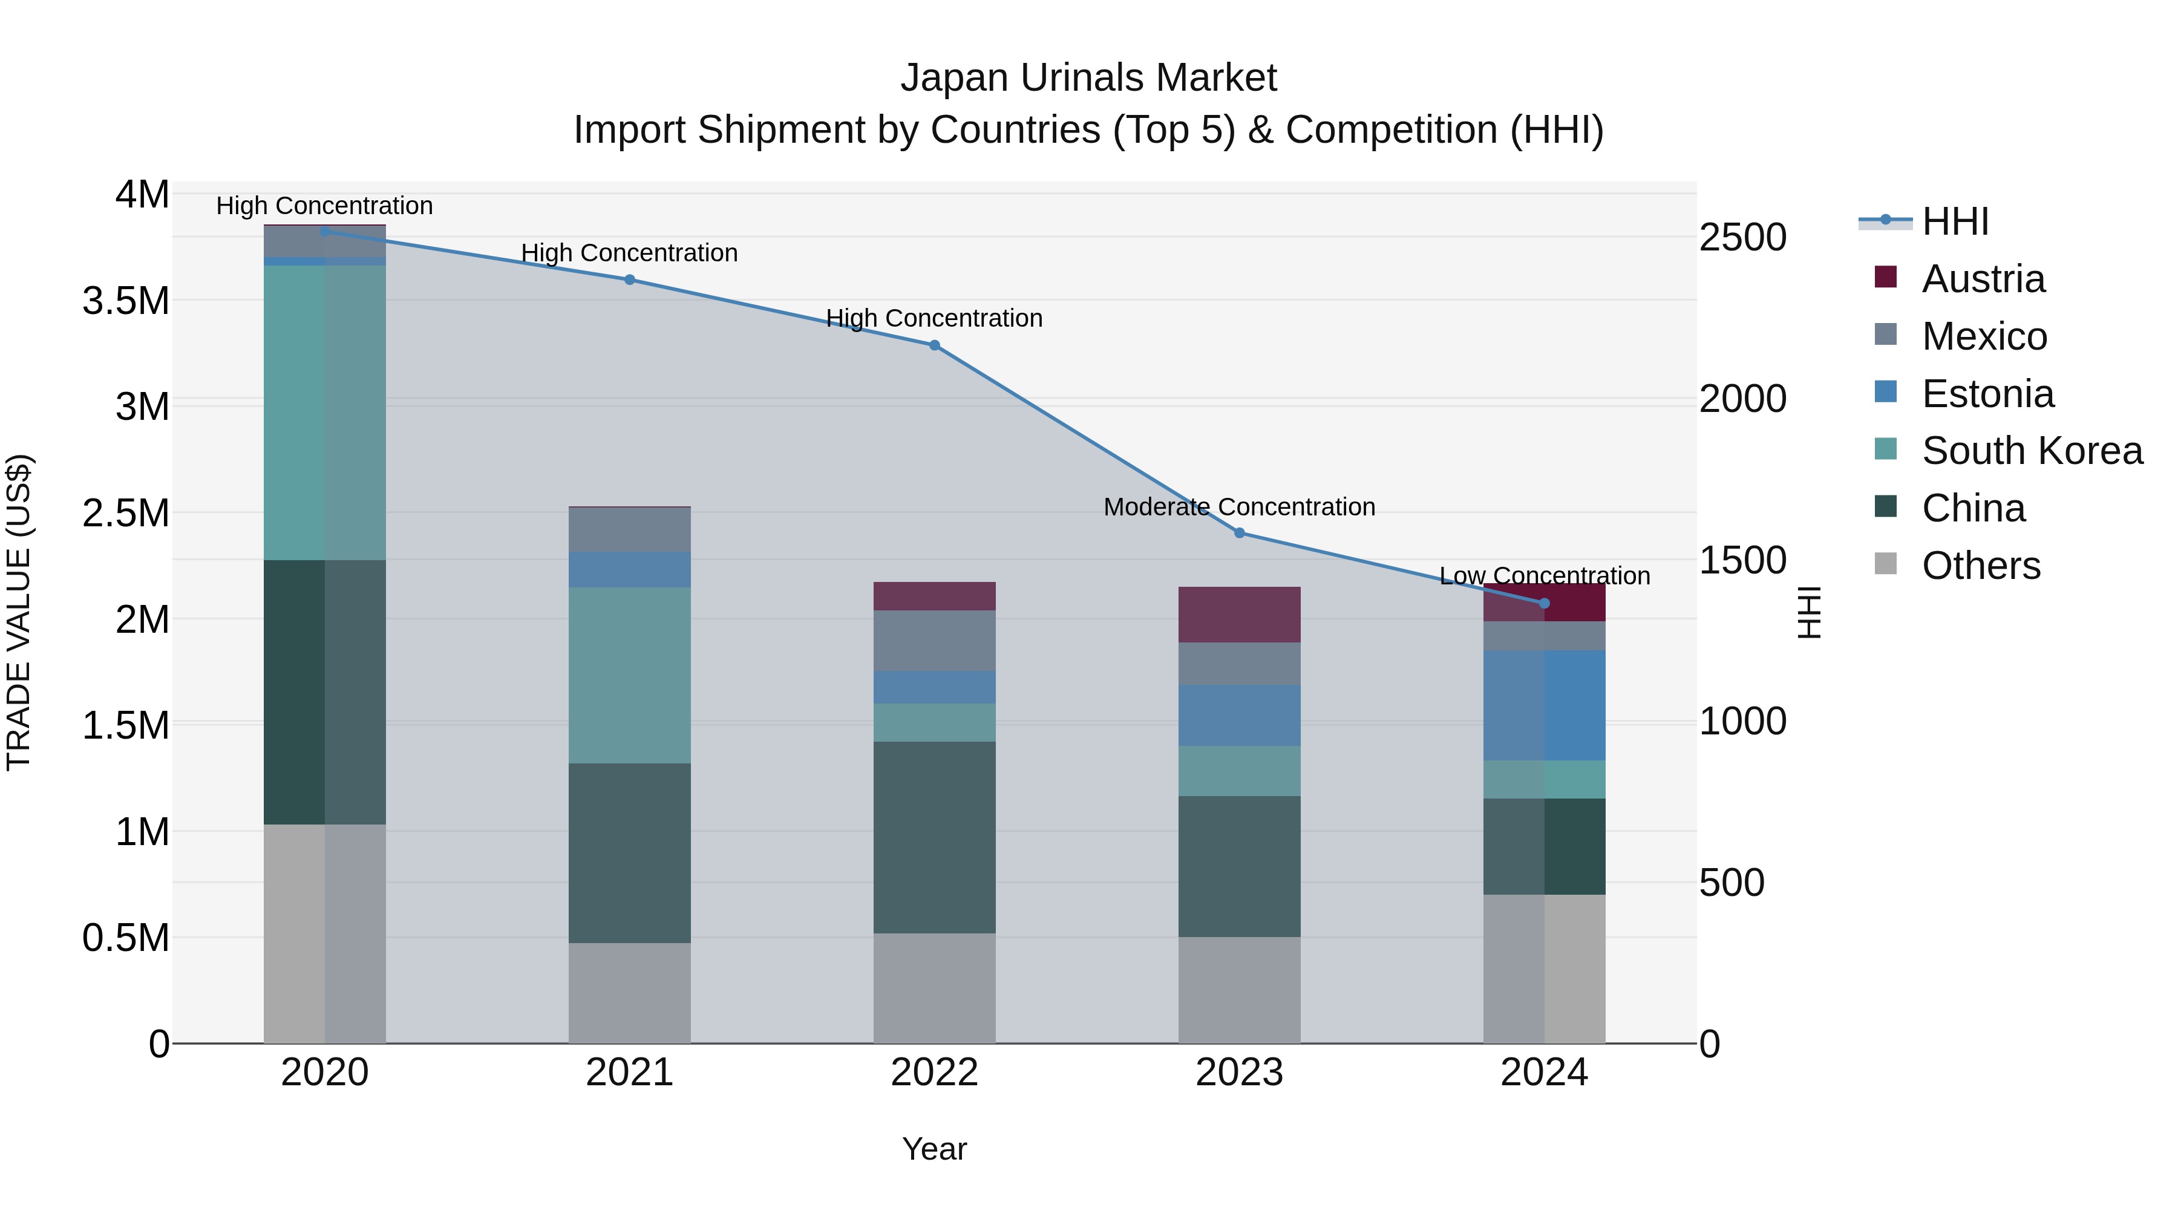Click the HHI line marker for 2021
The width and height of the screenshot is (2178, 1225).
click(629, 280)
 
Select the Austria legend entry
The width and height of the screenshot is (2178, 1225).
click(1983, 279)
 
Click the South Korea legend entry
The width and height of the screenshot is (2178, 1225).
click(2032, 451)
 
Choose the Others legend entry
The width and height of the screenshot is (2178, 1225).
click(1980, 566)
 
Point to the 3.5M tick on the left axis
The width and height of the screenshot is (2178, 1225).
click(125, 301)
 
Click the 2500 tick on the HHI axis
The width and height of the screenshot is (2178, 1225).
click(1742, 238)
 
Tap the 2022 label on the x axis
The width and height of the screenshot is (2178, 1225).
click(934, 1073)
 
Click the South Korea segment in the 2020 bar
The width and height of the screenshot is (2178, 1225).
click(325, 413)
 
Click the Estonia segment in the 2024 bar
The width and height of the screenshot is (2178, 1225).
click(1544, 705)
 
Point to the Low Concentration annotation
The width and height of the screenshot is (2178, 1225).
click(1544, 576)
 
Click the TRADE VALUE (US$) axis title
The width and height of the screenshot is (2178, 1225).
click(19, 612)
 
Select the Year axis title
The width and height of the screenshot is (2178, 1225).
click(934, 1149)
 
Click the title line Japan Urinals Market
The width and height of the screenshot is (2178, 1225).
click(1088, 78)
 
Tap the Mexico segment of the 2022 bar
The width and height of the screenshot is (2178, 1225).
click(934, 641)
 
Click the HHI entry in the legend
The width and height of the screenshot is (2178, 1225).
click(1954, 221)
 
